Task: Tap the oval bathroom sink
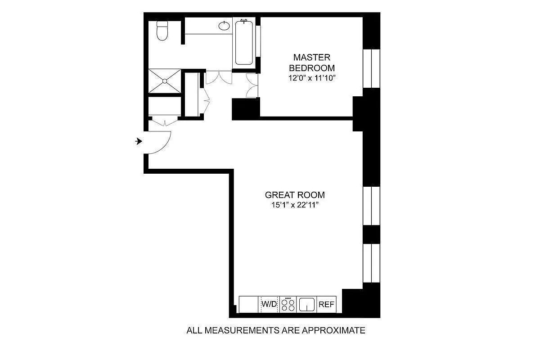(x=224, y=26)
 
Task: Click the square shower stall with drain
(x=165, y=81)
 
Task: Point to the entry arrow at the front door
(x=139, y=141)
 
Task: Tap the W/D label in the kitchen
(x=269, y=304)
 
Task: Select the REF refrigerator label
(x=327, y=304)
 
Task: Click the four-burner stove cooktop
(x=288, y=304)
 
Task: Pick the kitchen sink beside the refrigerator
(x=307, y=304)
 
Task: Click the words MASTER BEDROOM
(x=312, y=63)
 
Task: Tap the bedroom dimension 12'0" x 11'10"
(x=312, y=78)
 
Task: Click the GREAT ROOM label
(x=295, y=195)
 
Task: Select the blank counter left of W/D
(x=249, y=304)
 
